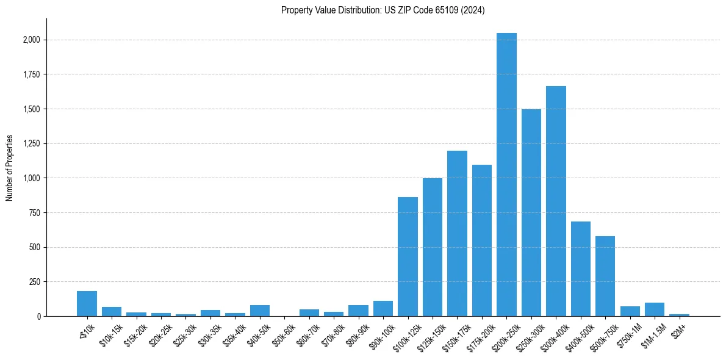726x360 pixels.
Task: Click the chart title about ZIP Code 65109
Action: click(x=383, y=10)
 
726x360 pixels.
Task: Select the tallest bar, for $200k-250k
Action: click(x=506, y=175)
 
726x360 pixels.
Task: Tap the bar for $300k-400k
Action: click(x=556, y=201)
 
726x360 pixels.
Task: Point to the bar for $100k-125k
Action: click(x=408, y=257)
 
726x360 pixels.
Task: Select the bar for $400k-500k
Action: click(x=581, y=269)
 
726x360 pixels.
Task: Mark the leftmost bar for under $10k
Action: click(x=87, y=304)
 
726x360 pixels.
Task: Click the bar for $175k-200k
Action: click(x=482, y=240)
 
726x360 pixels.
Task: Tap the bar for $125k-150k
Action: click(x=433, y=247)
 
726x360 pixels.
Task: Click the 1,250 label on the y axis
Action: click(x=32, y=144)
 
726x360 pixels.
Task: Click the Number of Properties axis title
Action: click(x=10, y=167)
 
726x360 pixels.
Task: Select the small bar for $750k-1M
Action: click(x=630, y=311)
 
